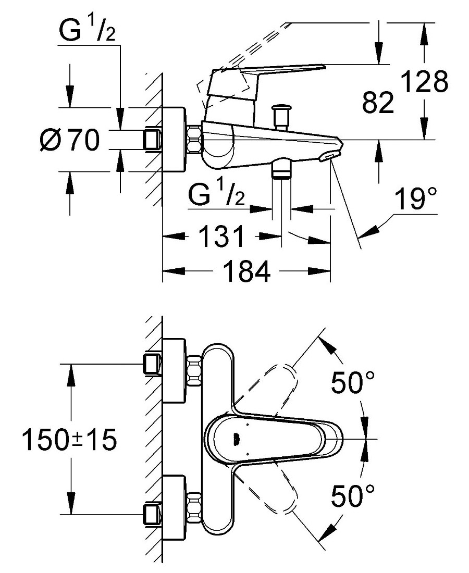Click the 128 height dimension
424,82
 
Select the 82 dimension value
378,102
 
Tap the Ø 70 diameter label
69,140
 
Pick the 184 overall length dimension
246,271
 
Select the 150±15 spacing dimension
69,440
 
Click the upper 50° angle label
353,382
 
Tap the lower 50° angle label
353,495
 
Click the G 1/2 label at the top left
87,29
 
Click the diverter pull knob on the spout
281,116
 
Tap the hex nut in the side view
194,139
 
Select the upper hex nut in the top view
194,371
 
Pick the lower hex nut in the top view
194,508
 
